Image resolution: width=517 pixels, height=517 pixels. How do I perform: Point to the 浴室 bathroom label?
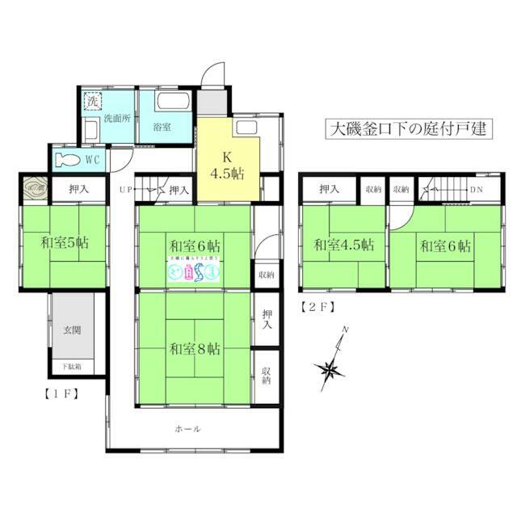(x=163, y=127)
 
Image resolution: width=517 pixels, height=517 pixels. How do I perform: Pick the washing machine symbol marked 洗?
(x=92, y=103)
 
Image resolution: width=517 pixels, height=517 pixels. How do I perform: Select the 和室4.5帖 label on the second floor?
(x=343, y=244)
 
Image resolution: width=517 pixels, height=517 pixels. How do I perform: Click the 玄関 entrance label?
(x=72, y=330)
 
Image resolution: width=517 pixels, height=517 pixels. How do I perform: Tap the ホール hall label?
(x=187, y=429)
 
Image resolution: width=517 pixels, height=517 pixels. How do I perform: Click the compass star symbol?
(x=330, y=371)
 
